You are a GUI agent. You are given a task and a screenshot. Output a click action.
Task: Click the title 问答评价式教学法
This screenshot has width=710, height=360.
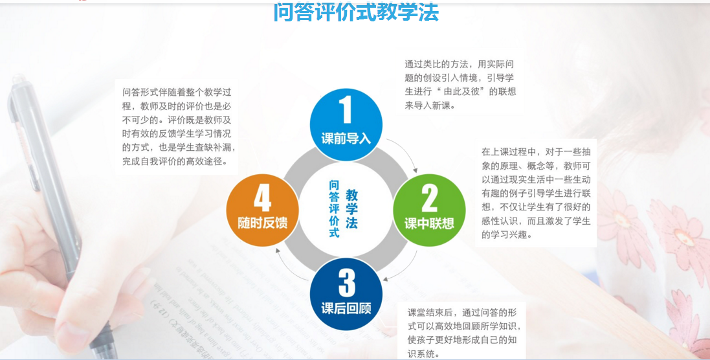click(x=356, y=12)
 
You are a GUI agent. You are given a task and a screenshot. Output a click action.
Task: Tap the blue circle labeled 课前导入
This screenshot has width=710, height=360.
click(x=346, y=124)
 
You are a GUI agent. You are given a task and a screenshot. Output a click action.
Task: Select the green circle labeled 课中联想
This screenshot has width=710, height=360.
click(x=429, y=210)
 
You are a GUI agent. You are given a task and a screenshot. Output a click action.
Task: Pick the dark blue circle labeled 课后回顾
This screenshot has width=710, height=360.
click(x=346, y=294)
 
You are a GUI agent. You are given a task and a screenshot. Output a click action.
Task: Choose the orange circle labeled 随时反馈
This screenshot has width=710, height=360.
click(x=263, y=210)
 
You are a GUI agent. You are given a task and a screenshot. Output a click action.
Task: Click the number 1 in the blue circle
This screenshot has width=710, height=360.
click(x=346, y=109)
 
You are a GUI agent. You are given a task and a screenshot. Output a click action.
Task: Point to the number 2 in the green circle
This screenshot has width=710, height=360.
click(x=429, y=198)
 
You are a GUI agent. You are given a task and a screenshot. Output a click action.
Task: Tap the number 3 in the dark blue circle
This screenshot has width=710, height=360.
click(x=346, y=282)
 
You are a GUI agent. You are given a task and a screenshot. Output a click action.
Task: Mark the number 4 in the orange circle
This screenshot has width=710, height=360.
click(x=263, y=198)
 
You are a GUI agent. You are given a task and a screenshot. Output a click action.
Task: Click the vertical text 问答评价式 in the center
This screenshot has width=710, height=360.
click(x=334, y=208)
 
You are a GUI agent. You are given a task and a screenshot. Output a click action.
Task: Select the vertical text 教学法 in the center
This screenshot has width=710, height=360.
click(x=352, y=208)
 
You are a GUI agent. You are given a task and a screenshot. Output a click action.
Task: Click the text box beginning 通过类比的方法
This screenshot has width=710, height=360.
click(x=460, y=85)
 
